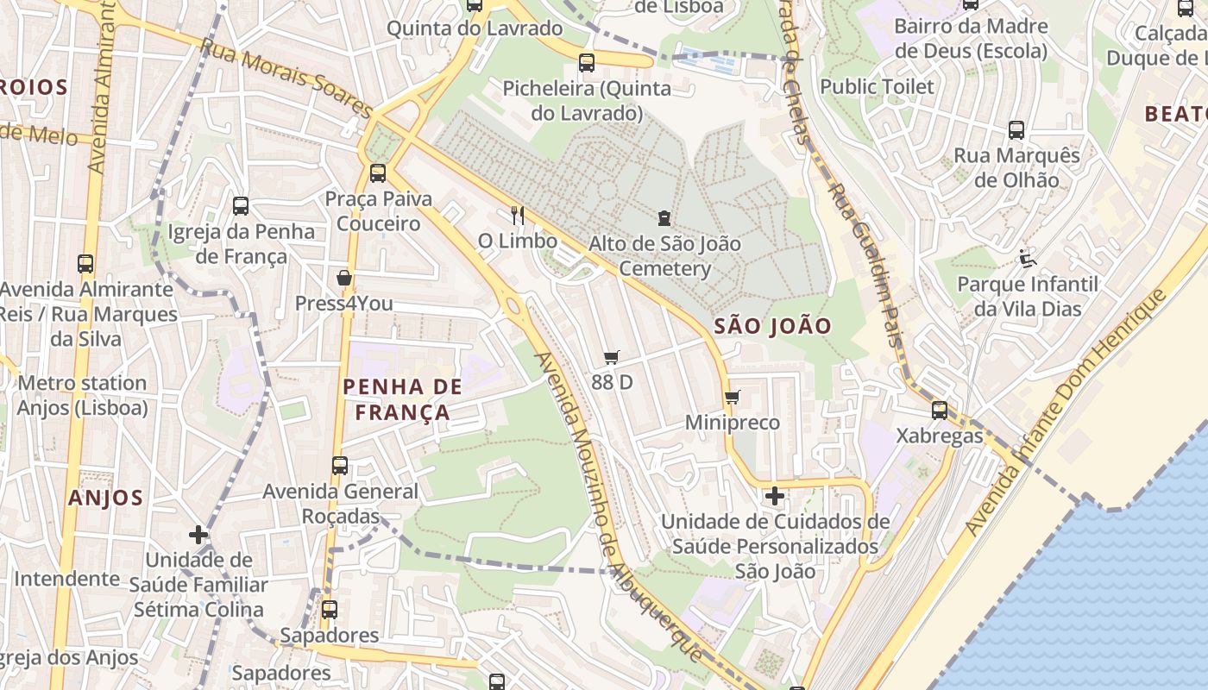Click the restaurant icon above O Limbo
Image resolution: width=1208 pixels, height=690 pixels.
(517, 216)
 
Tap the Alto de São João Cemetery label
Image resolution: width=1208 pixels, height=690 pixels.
(664, 256)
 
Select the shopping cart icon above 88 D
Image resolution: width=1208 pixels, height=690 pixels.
(612, 357)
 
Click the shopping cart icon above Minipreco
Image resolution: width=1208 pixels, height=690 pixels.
(733, 397)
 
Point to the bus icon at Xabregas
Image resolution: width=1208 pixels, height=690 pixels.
(940, 411)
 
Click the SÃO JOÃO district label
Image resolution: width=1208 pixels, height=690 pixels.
(773, 326)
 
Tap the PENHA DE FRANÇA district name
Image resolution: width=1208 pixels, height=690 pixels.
(403, 398)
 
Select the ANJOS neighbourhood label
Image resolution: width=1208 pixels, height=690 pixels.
(105, 498)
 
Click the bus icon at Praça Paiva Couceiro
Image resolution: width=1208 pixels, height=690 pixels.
(378, 172)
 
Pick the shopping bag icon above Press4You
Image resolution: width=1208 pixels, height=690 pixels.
(343, 278)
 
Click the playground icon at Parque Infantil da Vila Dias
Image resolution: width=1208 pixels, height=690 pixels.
(1027, 258)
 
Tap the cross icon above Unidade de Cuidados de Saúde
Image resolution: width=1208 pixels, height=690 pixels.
(774, 496)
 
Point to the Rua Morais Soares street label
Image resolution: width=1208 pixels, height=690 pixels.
(286, 78)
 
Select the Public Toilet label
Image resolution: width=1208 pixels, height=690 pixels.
(877, 86)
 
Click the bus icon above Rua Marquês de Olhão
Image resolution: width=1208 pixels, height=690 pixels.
(1016, 130)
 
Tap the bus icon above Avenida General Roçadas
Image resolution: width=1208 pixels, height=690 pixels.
(340, 466)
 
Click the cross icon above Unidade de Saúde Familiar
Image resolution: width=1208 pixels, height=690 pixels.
(198, 535)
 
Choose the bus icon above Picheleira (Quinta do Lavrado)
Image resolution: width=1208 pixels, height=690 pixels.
(587, 62)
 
